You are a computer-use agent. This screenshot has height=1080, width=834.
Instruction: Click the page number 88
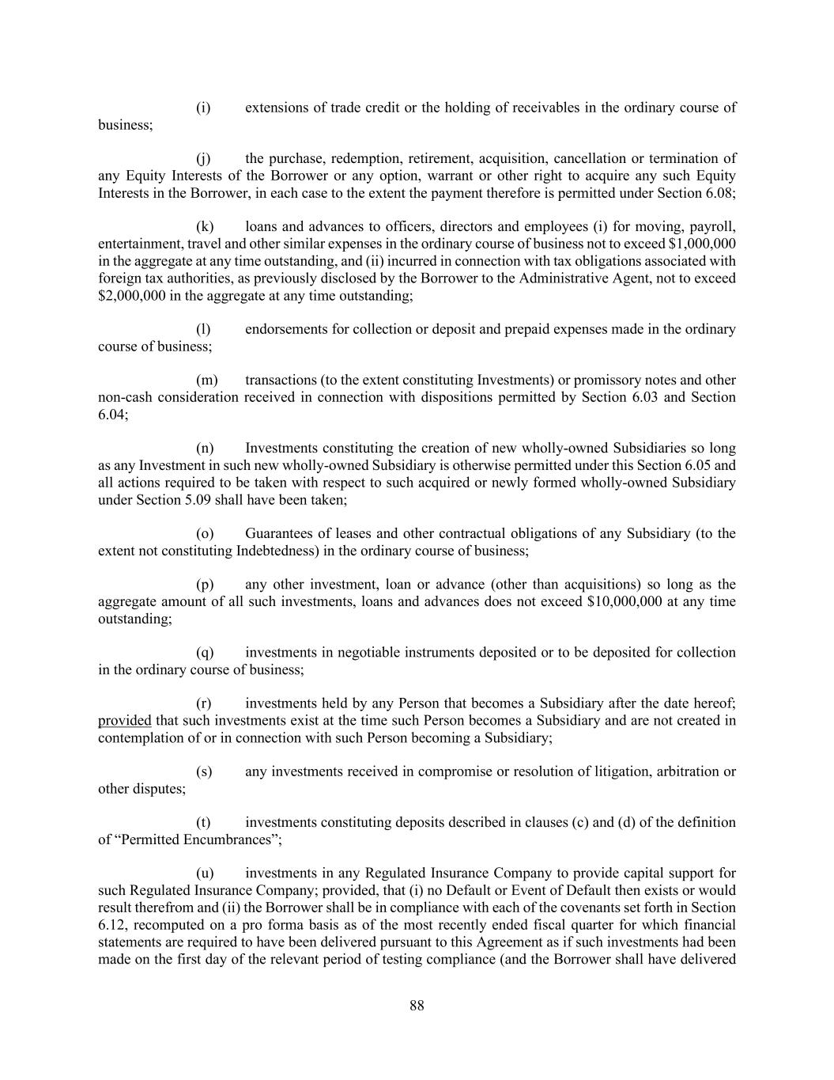coord(417,1006)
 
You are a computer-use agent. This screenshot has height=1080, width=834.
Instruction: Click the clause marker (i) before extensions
coord(203,108)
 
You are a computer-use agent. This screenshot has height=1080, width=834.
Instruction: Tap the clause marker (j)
coord(203,159)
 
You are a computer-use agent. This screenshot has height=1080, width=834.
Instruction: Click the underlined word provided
coord(124,721)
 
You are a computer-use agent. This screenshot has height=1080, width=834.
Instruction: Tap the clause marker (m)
coord(206,381)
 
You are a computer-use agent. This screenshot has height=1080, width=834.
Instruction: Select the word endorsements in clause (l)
coord(286,329)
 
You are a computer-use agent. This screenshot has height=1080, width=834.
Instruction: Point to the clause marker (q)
coord(205,653)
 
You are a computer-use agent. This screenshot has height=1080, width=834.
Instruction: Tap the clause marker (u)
coord(205,873)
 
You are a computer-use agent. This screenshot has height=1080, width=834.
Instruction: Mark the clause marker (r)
coord(203,704)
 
